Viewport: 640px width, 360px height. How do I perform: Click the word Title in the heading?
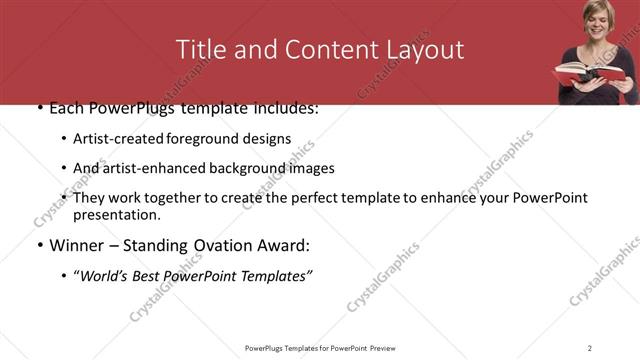[x=199, y=50]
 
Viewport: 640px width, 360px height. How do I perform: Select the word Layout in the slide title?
[x=424, y=50]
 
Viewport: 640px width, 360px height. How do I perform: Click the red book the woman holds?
[x=589, y=73]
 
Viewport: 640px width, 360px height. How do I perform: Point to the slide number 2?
[x=589, y=347]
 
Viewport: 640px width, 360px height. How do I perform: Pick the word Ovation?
[x=212, y=245]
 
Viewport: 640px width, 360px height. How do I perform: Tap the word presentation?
[x=116, y=215]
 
